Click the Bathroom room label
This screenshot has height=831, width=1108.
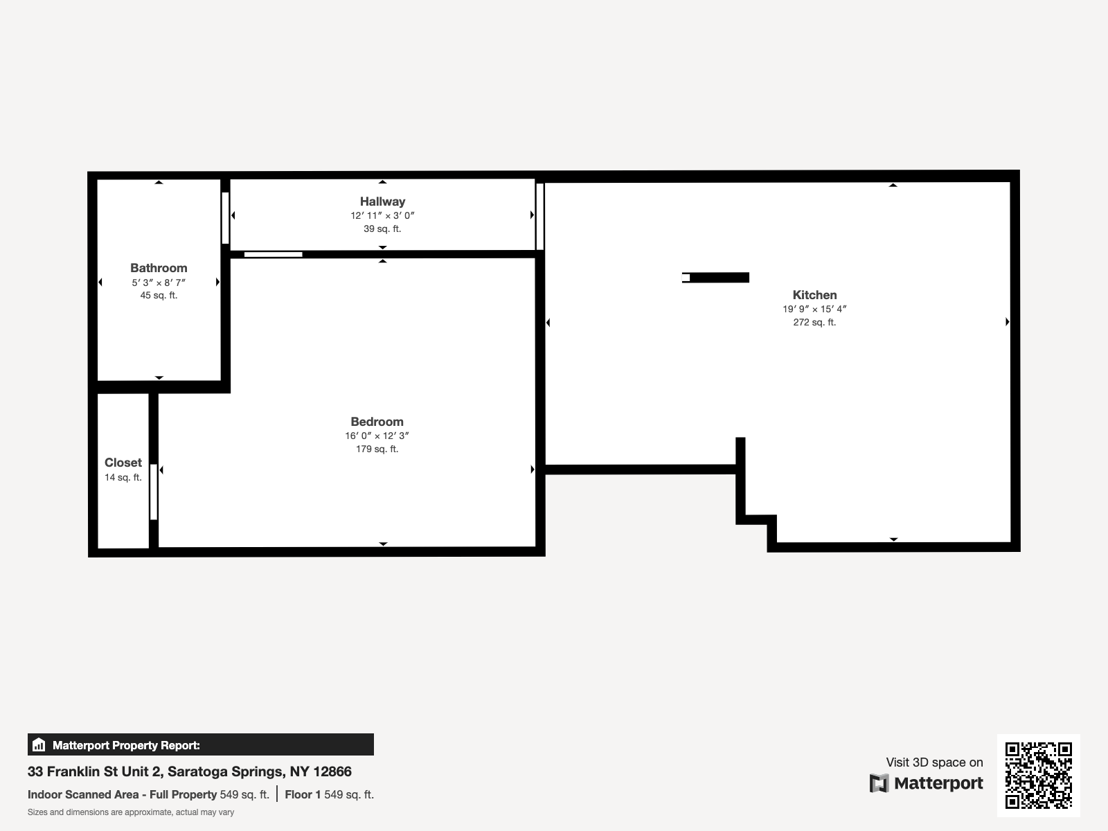(159, 268)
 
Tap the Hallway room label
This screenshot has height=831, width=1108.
(383, 202)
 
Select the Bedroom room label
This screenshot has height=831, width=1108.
(377, 421)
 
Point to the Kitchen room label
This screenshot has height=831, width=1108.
(814, 295)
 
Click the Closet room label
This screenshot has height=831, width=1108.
(123, 462)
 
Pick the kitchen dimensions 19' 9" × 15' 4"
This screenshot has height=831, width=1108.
(814, 309)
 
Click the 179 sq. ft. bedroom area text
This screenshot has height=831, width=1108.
(377, 449)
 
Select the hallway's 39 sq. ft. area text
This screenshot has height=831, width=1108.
(383, 229)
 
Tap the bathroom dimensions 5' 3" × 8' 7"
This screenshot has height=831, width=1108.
(159, 283)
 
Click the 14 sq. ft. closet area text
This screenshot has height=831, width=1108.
(123, 477)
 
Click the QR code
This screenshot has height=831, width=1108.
(1038, 776)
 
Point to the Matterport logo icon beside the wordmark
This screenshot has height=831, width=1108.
(879, 783)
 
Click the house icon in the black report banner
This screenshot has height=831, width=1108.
(39, 744)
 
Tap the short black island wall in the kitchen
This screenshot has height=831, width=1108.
(716, 278)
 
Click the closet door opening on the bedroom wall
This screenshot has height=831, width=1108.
(154, 492)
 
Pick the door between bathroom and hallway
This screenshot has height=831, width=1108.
(225, 218)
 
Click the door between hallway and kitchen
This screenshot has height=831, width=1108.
(539, 217)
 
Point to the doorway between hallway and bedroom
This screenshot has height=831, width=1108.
(273, 254)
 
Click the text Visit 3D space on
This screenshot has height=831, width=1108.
(934, 762)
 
